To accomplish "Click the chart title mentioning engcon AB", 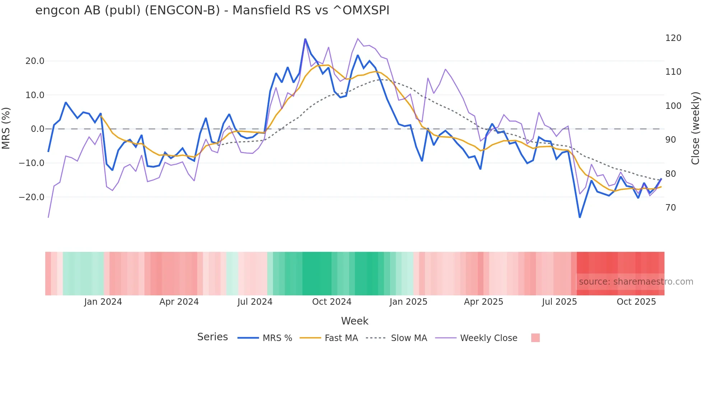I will [x=212, y=10].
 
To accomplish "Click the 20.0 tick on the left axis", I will [x=35, y=61].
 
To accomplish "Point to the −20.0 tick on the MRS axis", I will [x=32, y=197].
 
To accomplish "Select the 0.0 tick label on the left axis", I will [x=38, y=129].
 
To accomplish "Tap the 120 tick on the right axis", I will [x=673, y=38].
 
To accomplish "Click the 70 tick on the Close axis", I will [x=671, y=208].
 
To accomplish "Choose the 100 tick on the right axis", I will [x=673, y=106].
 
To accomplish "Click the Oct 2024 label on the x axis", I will [x=332, y=302].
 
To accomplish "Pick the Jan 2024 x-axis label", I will [x=103, y=302].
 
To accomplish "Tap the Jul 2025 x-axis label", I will [x=559, y=302].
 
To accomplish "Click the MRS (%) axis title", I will [x=6, y=128].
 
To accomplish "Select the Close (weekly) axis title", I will [x=695, y=128].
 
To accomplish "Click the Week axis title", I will [x=355, y=321].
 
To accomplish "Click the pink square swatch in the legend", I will [x=535, y=338].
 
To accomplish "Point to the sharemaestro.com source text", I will [x=636, y=282].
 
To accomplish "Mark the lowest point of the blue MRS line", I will [x=580, y=217].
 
